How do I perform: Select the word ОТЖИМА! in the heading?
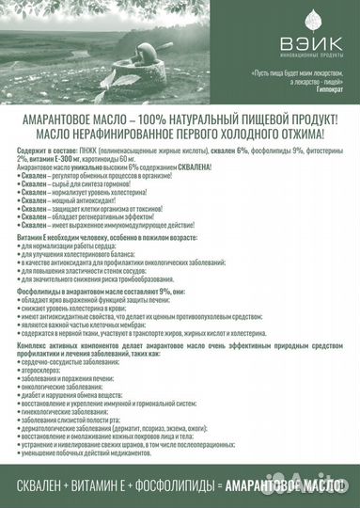(311, 138)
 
